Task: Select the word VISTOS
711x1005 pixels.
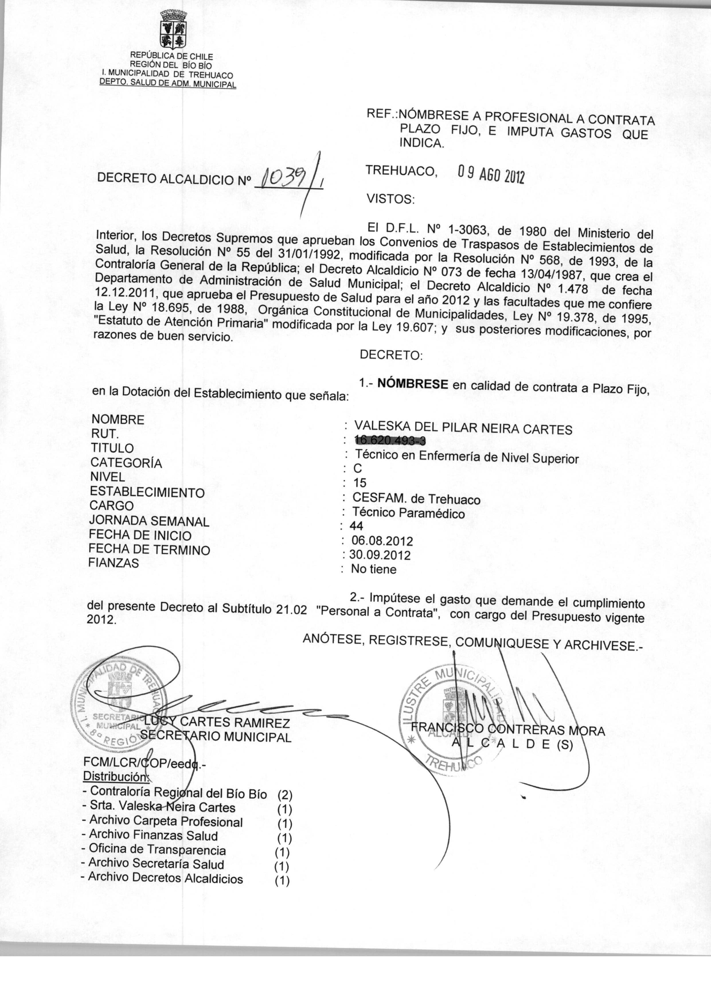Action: [390, 200]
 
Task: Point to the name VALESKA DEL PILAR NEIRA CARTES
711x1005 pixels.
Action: [463, 427]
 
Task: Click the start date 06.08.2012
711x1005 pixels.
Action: [382, 541]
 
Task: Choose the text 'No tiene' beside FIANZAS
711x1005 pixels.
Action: [374, 569]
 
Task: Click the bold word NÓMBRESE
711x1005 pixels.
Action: [413, 384]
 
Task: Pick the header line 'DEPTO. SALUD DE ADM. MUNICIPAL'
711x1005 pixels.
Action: [168, 83]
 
